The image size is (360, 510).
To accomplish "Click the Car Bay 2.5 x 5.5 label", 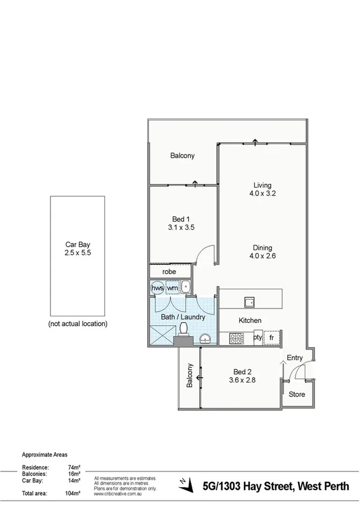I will click(x=77, y=249).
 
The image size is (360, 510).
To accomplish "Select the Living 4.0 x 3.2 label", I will click(x=262, y=189).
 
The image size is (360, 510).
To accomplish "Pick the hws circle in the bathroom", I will click(x=157, y=289).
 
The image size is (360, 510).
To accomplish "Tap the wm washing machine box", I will click(x=172, y=289).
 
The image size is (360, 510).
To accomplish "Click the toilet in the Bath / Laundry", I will click(x=185, y=328).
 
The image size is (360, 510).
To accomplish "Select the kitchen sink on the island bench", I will click(x=249, y=301).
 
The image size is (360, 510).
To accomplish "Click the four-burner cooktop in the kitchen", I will click(x=235, y=337).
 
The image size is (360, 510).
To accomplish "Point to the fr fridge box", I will click(x=272, y=337).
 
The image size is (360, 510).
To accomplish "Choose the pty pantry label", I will click(x=258, y=337).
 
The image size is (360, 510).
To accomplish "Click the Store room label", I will click(x=297, y=395).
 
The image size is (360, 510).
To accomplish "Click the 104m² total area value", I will click(x=73, y=494).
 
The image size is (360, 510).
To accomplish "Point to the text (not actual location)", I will click(x=78, y=324).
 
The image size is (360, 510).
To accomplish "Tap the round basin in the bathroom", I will click(x=206, y=339).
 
